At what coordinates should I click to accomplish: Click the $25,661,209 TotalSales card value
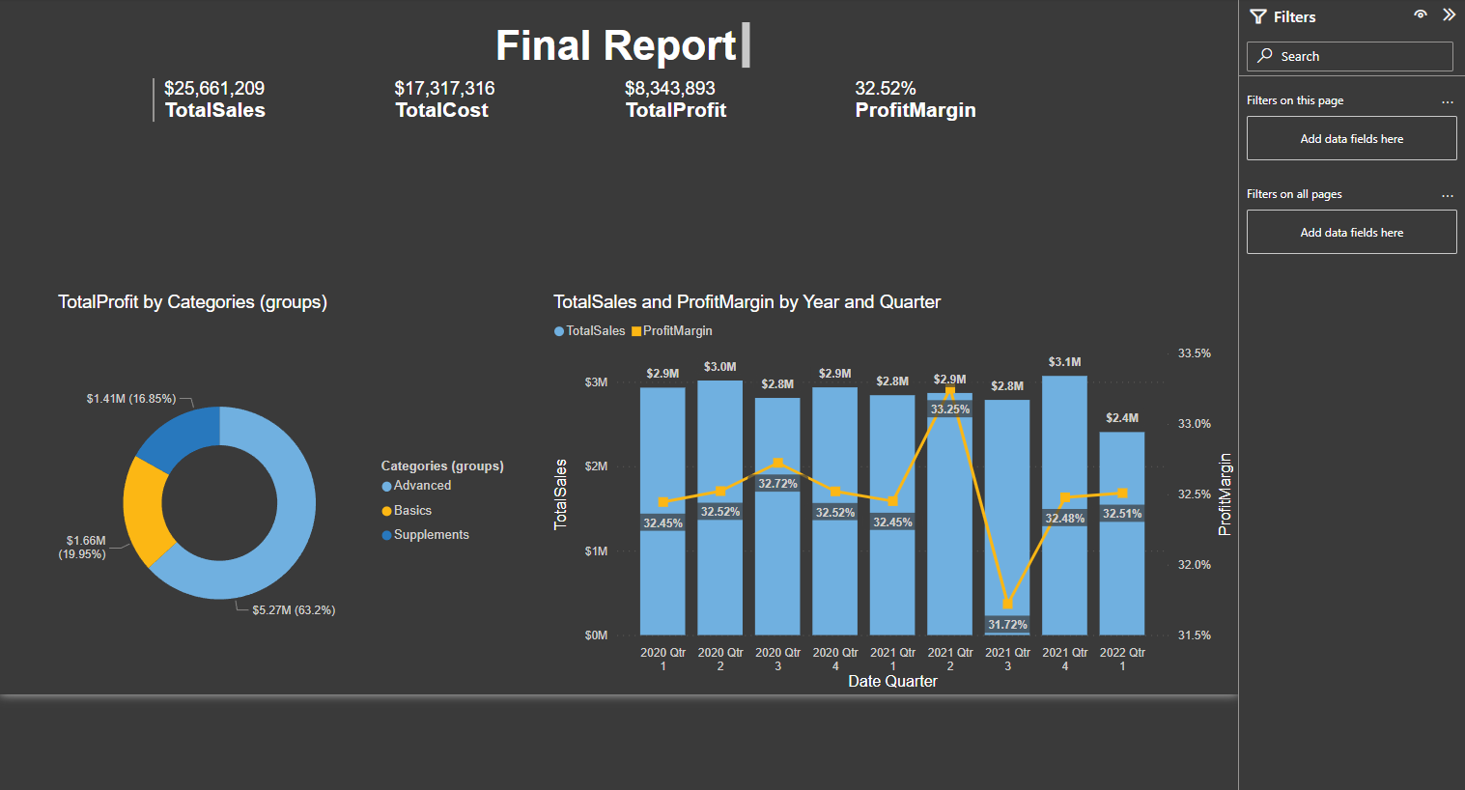point(214,89)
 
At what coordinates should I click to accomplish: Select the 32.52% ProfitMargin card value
point(885,89)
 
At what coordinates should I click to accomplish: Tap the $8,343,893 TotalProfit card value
point(669,89)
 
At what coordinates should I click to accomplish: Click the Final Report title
point(616,45)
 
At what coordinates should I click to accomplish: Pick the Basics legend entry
point(412,511)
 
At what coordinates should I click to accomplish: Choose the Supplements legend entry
point(431,535)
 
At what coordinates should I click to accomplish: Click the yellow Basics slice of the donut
point(145,509)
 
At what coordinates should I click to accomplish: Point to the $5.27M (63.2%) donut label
point(294,610)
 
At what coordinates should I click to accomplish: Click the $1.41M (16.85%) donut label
point(131,399)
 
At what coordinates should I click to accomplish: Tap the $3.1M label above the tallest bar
point(1064,362)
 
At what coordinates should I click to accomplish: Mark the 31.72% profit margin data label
point(1007,625)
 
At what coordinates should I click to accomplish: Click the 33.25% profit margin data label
point(950,409)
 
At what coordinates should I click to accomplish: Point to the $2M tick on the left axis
point(596,466)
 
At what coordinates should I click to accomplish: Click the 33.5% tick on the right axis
point(1194,353)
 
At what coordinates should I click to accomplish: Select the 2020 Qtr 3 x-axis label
point(777,659)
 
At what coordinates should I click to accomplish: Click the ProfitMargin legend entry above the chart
point(677,331)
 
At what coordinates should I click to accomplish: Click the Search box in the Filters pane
point(1349,57)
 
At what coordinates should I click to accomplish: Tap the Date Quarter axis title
point(892,682)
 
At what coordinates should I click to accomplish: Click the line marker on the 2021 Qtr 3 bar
point(1007,605)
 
